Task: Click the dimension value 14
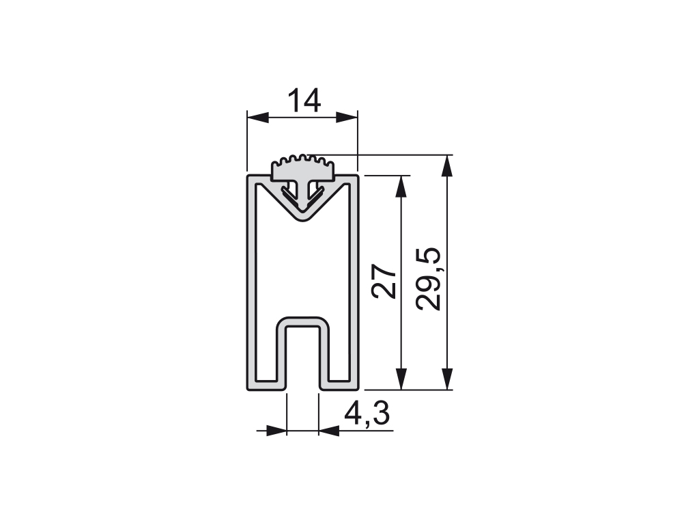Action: tap(304, 100)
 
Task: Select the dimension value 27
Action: tap(384, 281)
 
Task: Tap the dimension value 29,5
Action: tap(428, 279)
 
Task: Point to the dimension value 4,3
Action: tap(367, 414)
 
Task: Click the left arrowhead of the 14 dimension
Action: tap(258, 118)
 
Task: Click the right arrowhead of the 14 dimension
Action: tap(347, 118)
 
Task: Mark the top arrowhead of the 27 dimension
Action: tap(401, 186)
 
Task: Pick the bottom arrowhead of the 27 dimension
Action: tap(401, 379)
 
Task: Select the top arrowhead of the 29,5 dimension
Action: tap(447, 165)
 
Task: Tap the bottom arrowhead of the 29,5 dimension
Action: tap(447, 379)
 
